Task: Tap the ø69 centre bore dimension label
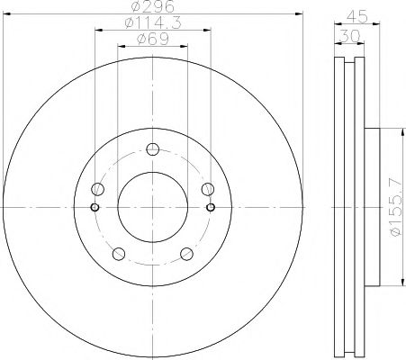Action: (151, 40)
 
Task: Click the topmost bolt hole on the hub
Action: (152, 149)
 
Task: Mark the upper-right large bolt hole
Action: (207, 189)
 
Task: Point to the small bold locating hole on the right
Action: (211, 207)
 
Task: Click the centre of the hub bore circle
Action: (152, 207)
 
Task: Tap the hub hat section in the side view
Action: (376, 207)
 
